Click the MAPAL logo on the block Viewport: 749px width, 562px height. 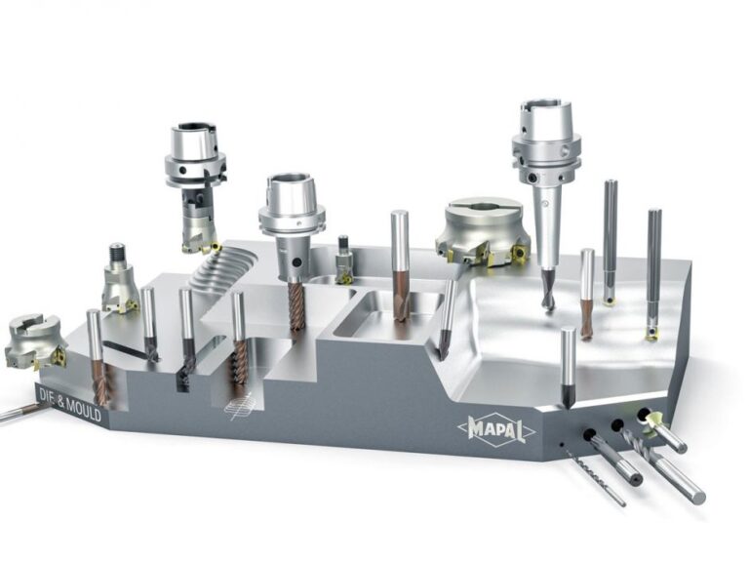pyautogui.click(x=496, y=427)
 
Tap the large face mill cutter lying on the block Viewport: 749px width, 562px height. pyautogui.click(x=483, y=231)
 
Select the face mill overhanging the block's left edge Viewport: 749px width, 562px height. pyautogui.click(x=35, y=341)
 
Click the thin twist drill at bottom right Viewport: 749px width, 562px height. pyautogui.click(x=600, y=477)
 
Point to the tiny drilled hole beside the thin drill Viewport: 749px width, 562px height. pyautogui.click(x=562, y=445)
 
